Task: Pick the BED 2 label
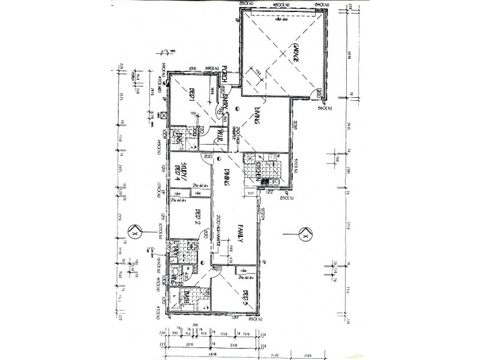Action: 199,217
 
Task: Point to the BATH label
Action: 188,295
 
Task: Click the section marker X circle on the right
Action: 305,235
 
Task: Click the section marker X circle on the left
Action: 134,230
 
